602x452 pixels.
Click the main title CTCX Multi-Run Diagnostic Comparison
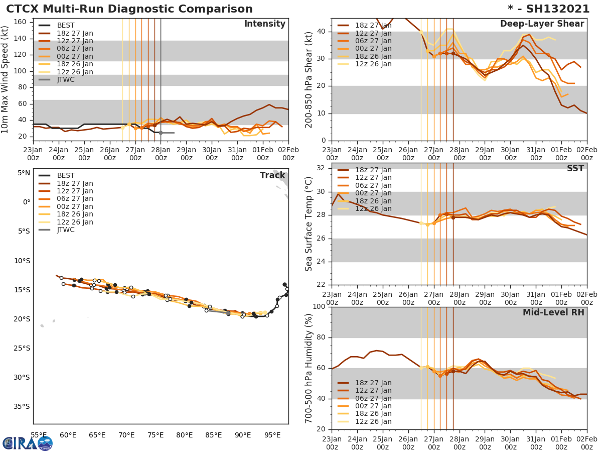[129, 9]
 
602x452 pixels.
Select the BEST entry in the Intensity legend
[65, 26]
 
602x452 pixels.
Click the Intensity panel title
[264, 24]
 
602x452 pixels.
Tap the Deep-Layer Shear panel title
[542, 24]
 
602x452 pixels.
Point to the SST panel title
[575, 169]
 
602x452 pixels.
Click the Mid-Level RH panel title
[553, 312]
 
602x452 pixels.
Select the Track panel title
[272, 175]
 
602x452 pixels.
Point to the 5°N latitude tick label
[24, 173]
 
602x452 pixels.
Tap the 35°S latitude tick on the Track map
[22, 406]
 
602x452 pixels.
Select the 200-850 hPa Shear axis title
[310, 79]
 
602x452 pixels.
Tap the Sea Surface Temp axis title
[310, 224]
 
